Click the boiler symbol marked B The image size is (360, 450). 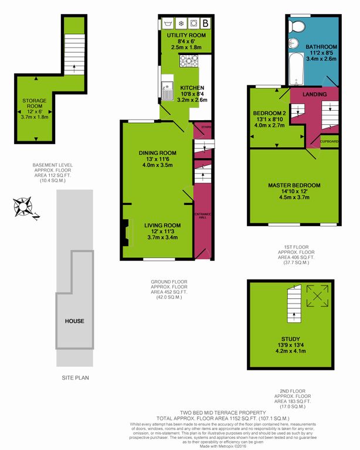pyautogui.click(x=205, y=24)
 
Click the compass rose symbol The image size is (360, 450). pyautogui.click(x=24, y=207)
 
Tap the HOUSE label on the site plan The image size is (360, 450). pyautogui.click(x=74, y=321)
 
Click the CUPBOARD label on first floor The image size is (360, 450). pyautogui.click(x=330, y=141)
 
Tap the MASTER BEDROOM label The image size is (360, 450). pyautogui.click(x=294, y=186)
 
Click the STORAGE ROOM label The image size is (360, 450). pyautogui.click(x=34, y=104)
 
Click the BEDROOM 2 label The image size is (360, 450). pyautogui.click(x=269, y=113)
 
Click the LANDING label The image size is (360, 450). pyautogui.click(x=314, y=94)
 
